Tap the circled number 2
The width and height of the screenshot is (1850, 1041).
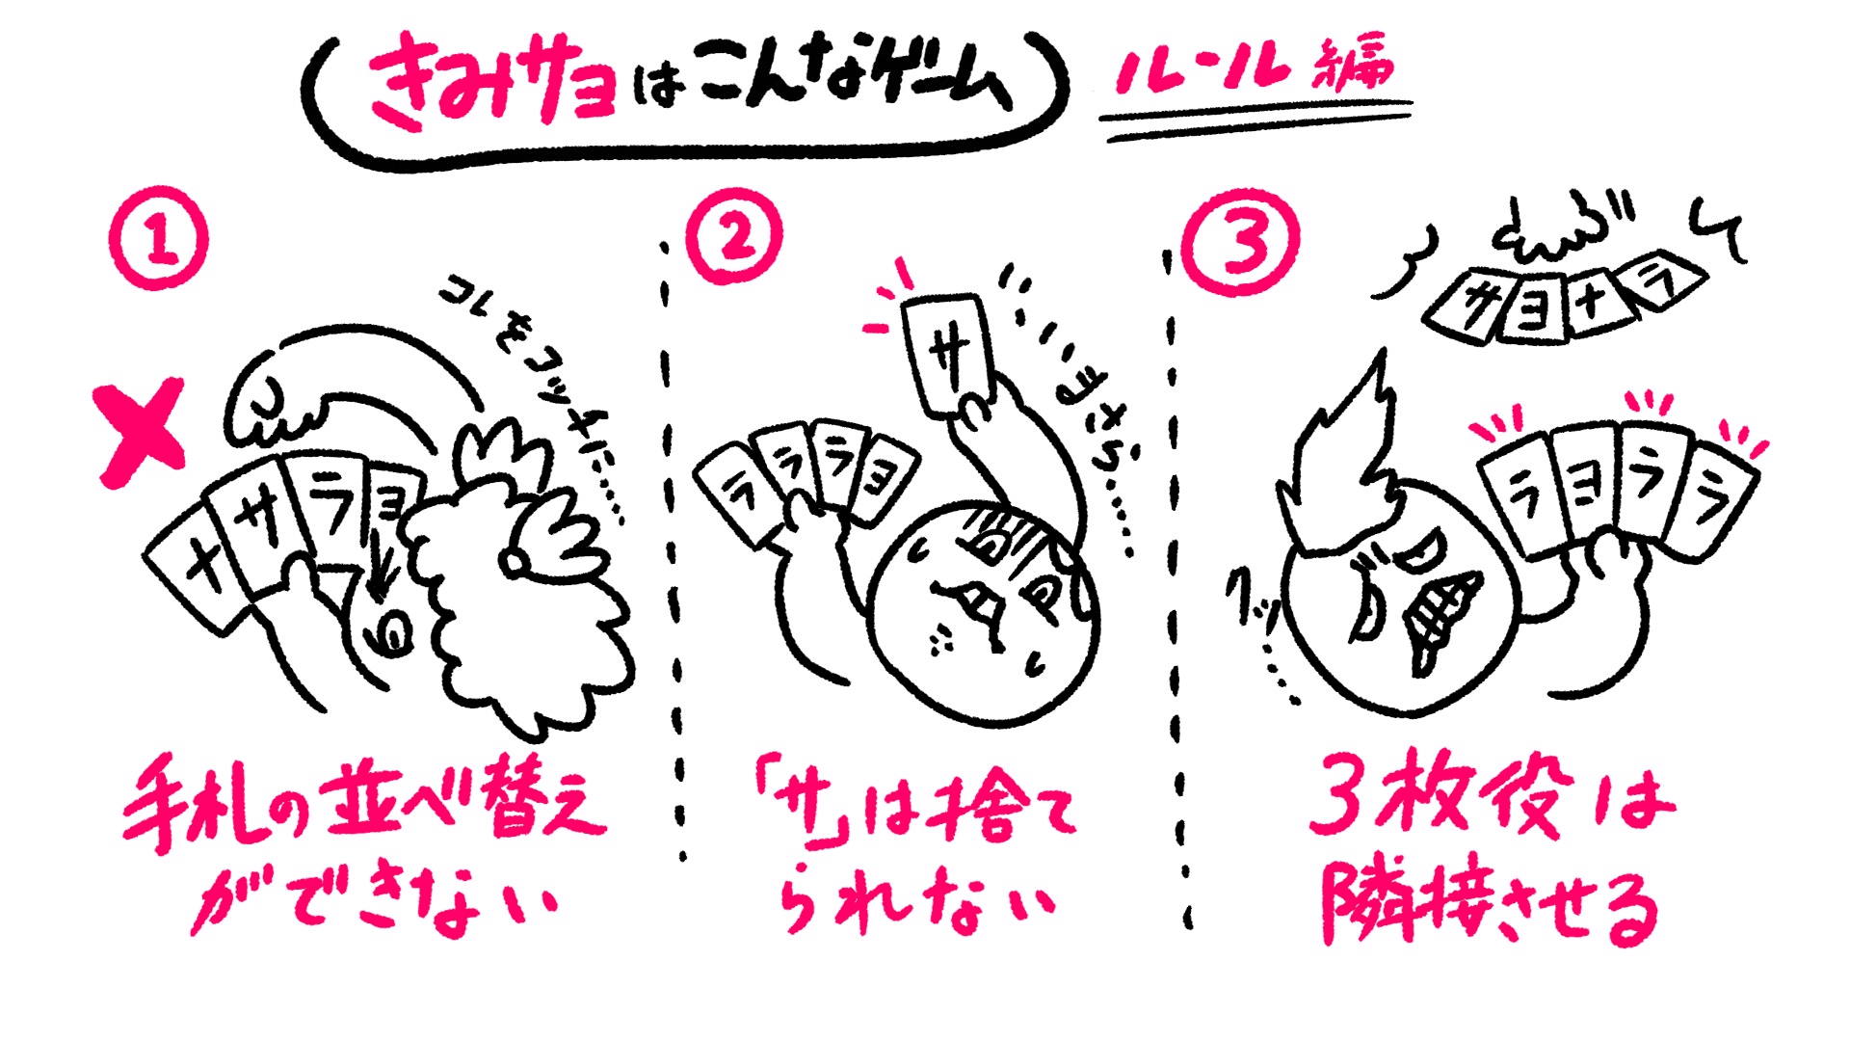pos(734,237)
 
